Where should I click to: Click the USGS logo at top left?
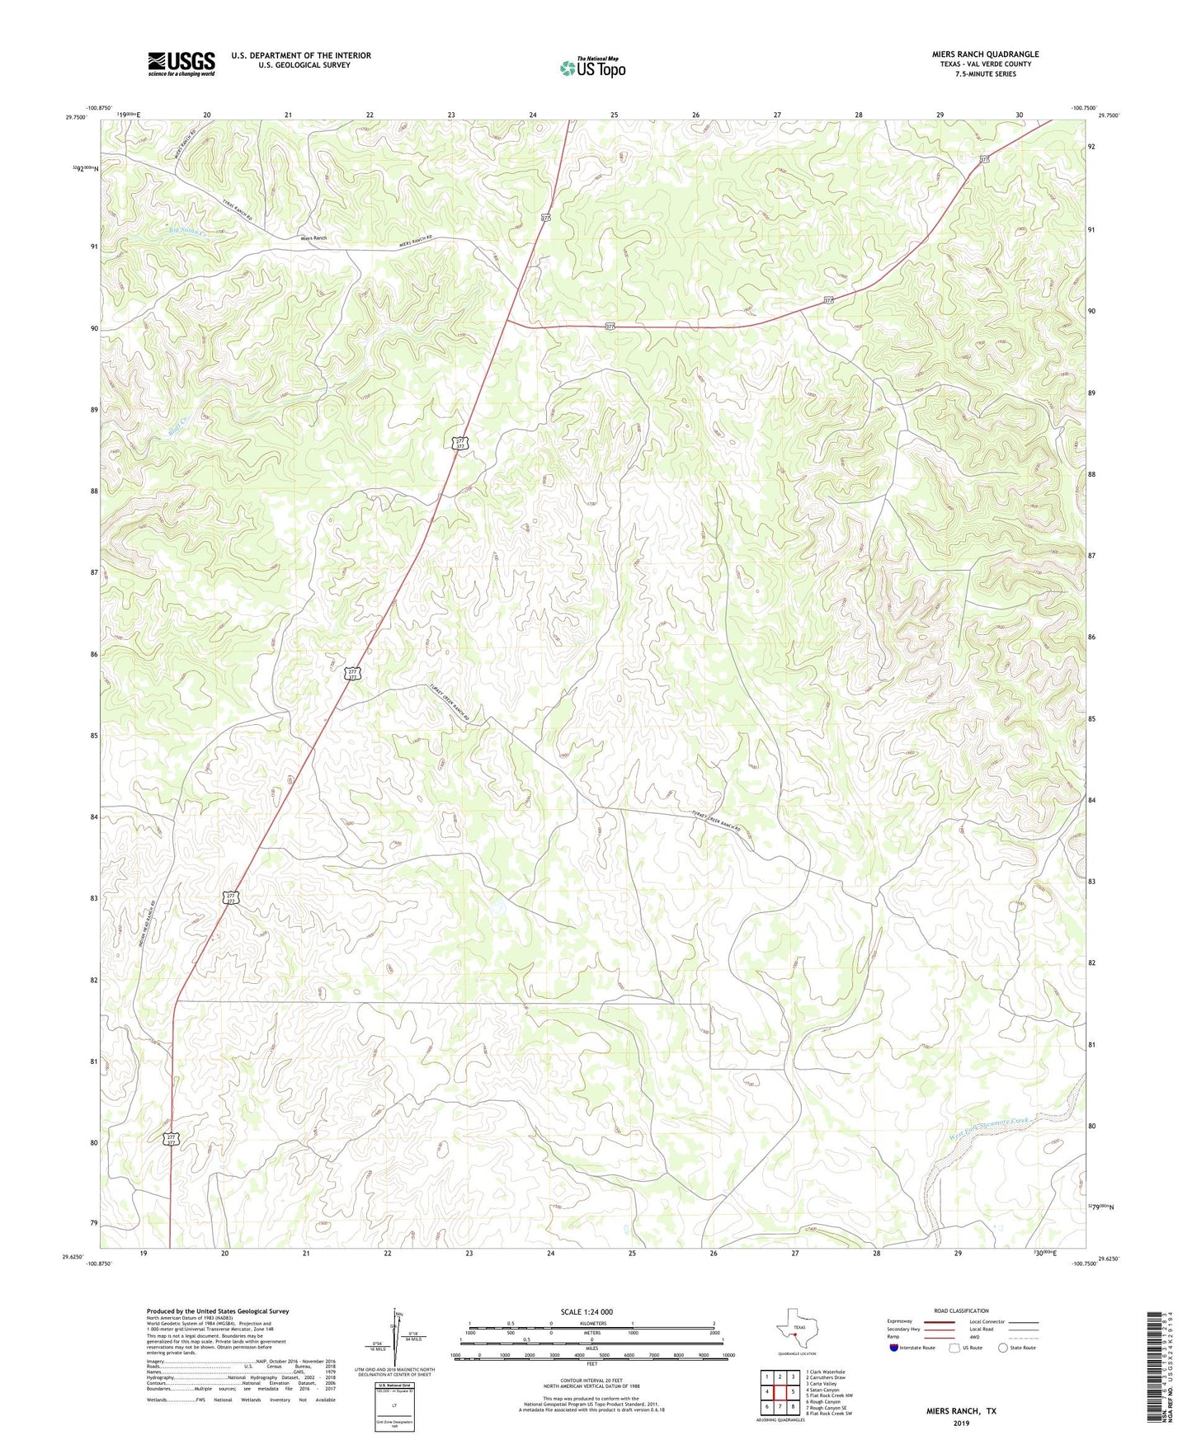(x=181, y=63)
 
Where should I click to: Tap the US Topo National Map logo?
(x=591, y=68)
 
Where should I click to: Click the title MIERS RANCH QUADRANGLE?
(x=973, y=54)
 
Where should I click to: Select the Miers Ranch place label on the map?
(x=313, y=238)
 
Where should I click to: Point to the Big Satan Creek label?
(x=186, y=230)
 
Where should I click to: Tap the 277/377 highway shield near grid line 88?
(x=462, y=443)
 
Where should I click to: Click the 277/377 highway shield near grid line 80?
(x=171, y=1139)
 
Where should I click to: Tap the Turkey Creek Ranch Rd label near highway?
(x=450, y=704)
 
